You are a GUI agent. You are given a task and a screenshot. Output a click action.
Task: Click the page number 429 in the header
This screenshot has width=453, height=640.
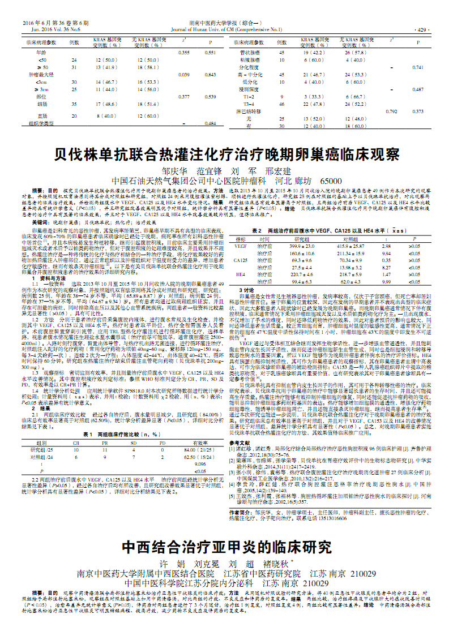tap(422, 29)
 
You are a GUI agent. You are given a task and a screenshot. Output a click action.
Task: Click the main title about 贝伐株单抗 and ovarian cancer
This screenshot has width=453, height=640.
tap(226, 154)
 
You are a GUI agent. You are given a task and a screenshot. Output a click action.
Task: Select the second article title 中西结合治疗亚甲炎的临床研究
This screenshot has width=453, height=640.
tap(226, 547)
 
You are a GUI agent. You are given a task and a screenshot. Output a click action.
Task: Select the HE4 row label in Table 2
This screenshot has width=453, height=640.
tap(241, 274)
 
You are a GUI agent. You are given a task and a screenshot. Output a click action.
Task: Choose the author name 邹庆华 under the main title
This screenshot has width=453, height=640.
tap(173, 171)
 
